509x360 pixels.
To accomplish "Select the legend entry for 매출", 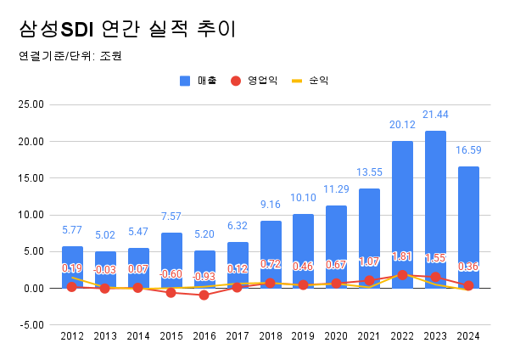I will (x=199, y=81).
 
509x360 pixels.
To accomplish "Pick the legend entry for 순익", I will (x=310, y=81).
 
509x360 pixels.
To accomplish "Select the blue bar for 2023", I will (x=435, y=212).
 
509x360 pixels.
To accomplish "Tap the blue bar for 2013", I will (x=105, y=270).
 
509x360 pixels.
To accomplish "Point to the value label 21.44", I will (x=435, y=115).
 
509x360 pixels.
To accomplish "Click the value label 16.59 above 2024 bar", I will (x=468, y=150).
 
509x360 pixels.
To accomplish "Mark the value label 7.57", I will (x=171, y=217).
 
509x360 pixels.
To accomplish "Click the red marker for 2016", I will (x=204, y=295).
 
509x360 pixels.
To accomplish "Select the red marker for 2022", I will (x=402, y=275).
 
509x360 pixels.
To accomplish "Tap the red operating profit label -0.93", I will (x=204, y=276).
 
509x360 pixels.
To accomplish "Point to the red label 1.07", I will (x=369, y=262).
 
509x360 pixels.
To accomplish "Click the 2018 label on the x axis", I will (x=271, y=337).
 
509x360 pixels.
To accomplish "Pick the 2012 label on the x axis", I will (x=72, y=337).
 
